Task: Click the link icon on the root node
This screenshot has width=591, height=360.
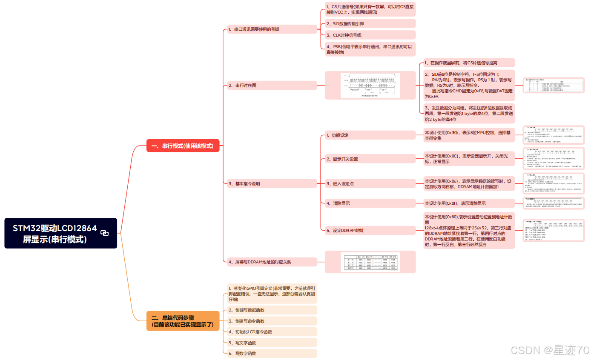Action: pos(104,233)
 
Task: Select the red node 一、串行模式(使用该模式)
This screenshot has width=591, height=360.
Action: pos(183,146)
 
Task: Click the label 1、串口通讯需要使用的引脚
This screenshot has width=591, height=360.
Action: pos(254,29)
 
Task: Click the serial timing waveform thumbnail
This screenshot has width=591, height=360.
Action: pos(370,85)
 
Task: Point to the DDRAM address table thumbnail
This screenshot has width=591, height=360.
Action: pos(370,262)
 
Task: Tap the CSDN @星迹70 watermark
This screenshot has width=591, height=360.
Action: pos(550,350)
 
